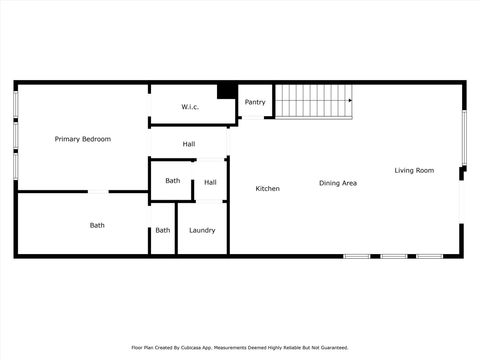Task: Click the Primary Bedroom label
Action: [x=82, y=139]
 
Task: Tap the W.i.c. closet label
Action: [x=191, y=107]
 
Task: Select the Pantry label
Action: [x=255, y=102]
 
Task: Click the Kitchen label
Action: [x=267, y=189]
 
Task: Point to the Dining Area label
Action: [x=338, y=183]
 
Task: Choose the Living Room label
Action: [x=414, y=171]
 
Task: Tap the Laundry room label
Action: [x=202, y=231]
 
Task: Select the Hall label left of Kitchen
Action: [x=210, y=182]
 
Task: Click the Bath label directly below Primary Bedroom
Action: [x=97, y=226]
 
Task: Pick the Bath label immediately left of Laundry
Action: [x=162, y=231]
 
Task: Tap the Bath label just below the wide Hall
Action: [x=173, y=181]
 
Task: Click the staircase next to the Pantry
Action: [x=314, y=100]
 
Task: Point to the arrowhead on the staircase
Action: [x=351, y=100]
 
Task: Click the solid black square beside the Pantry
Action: [x=227, y=91]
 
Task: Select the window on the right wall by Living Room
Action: [x=463, y=138]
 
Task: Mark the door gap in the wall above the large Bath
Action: [x=98, y=191]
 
